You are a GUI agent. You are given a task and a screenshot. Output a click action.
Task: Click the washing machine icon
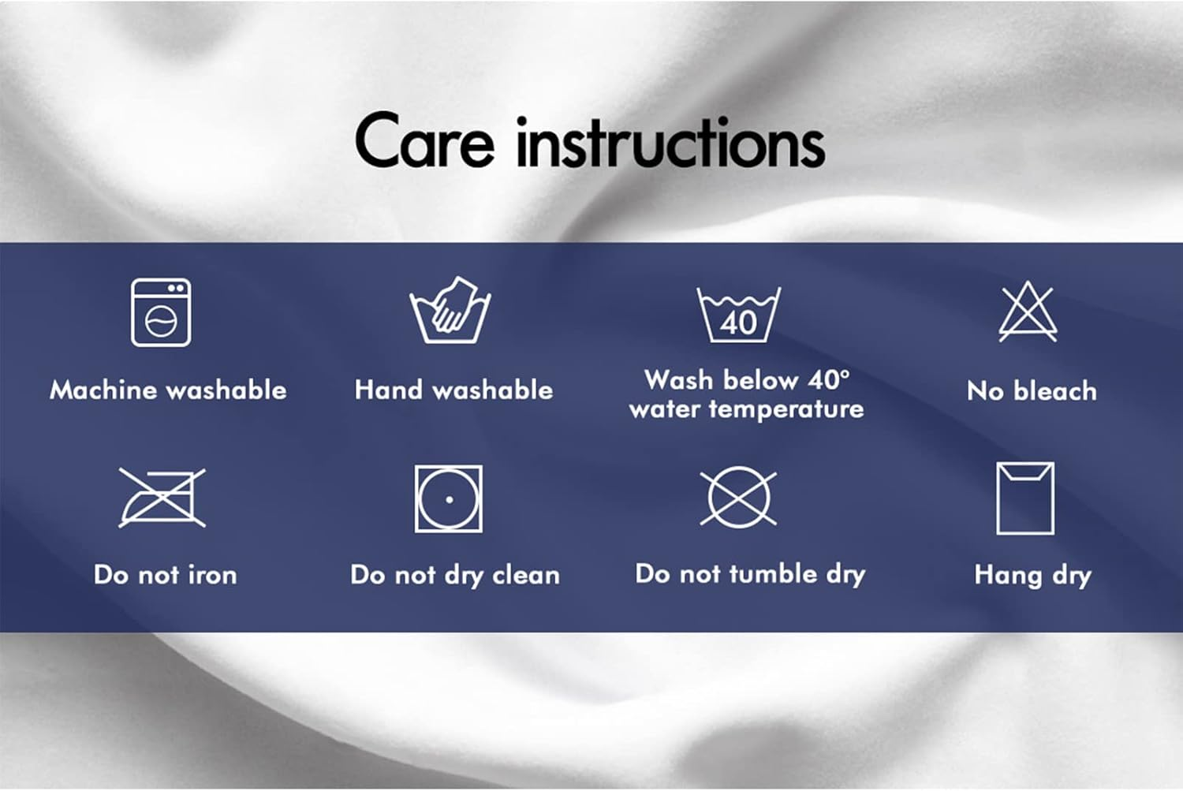tap(161, 312)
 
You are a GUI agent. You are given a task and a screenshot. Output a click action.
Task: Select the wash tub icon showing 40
tap(738, 314)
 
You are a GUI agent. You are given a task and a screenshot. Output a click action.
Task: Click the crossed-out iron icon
tap(162, 498)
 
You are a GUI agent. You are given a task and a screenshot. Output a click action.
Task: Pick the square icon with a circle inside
tap(449, 498)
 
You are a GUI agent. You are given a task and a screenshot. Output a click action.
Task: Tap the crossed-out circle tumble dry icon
tap(738, 497)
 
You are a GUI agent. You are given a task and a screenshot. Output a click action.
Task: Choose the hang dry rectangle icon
tap(1025, 498)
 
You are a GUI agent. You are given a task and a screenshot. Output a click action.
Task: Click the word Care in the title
tap(424, 142)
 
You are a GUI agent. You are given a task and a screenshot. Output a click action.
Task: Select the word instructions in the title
tap(670, 144)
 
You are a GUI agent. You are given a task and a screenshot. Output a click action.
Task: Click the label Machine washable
tap(168, 390)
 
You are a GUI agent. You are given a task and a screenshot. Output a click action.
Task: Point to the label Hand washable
tap(453, 390)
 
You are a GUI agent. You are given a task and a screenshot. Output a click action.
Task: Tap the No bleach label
tap(1032, 390)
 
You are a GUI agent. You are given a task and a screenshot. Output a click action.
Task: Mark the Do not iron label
tap(165, 575)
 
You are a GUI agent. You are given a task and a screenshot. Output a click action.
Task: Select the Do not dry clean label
tap(455, 575)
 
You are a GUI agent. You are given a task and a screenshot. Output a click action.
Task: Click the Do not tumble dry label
tap(750, 574)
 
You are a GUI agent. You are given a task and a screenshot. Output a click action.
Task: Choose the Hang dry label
tap(1032, 575)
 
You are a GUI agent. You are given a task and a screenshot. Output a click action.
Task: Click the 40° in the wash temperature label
tap(829, 379)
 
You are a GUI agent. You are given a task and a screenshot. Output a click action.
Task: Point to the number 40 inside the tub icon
tap(738, 323)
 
